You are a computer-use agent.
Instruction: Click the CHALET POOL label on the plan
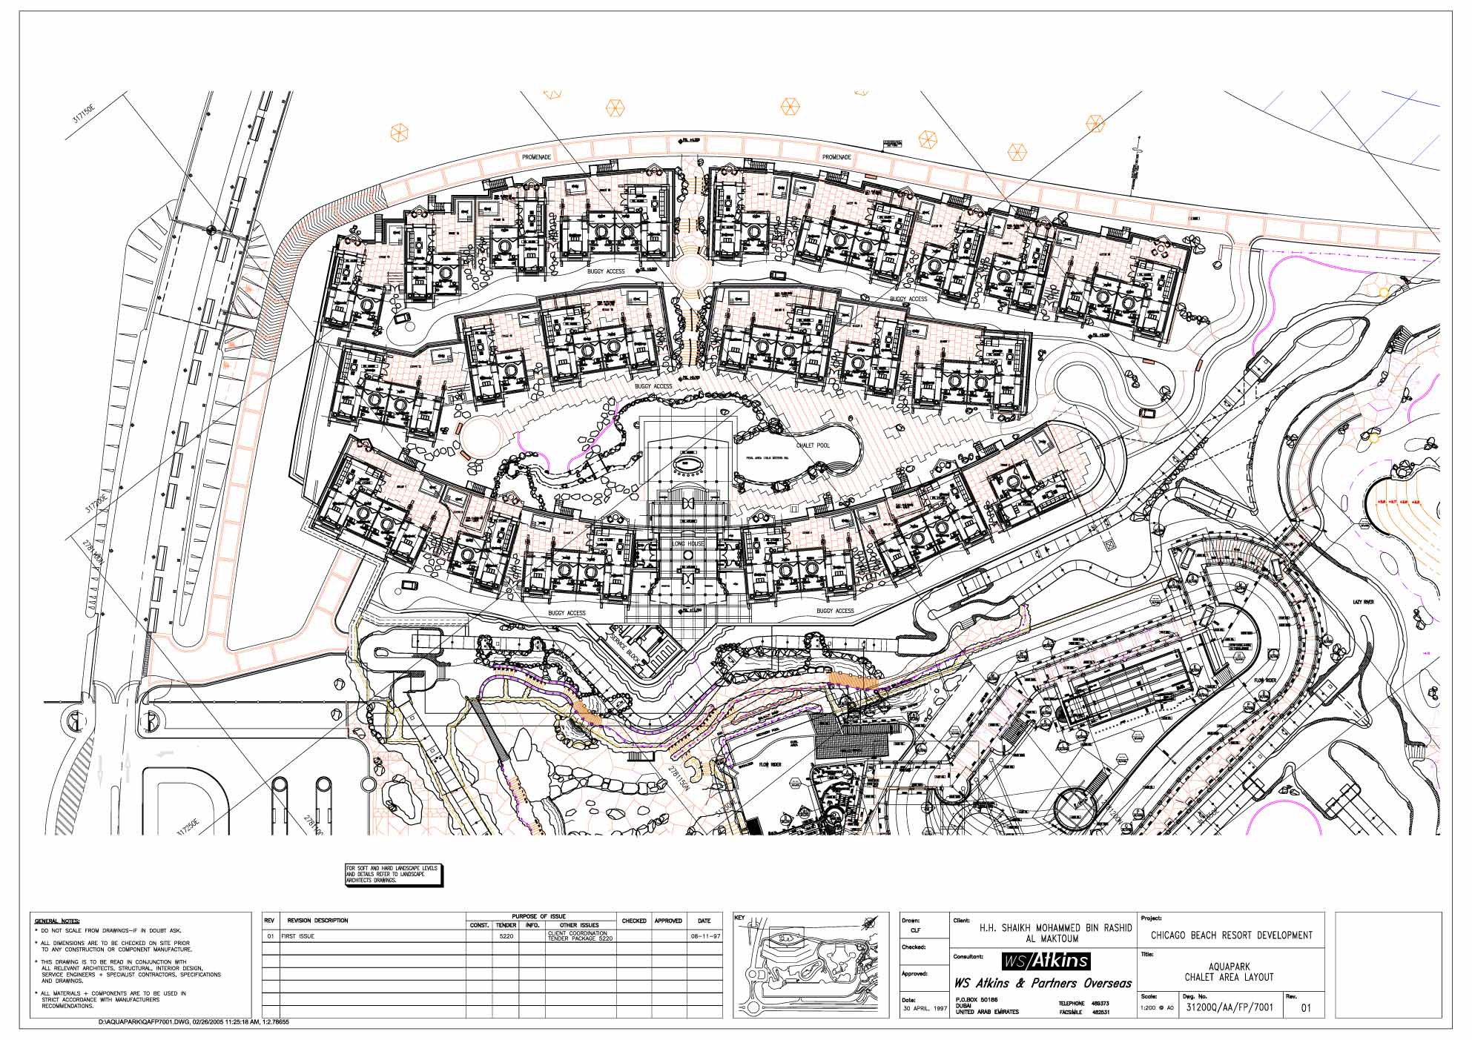pyautogui.click(x=813, y=446)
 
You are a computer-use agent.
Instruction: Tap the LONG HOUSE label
pyautogui.click(x=688, y=544)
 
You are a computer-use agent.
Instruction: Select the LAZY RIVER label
pyautogui.click(x=1363, y=602)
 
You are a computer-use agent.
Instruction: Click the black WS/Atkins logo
pyautogui.click(x=1046, y=961)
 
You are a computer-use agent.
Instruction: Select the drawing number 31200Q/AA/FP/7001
pyautogui.click(x=1230, y=1007)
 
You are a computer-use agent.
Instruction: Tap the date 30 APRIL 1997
pyautogui.click(x=924, y=1009)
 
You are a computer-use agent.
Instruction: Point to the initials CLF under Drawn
pyautogui.click(x=915, y=930)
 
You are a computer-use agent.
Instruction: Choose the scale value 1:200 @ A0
pyautogui.click(x=1157, y=1008)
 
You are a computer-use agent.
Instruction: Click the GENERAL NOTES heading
pyautogui.click(x=57, y=921)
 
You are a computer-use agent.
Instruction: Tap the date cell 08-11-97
pyautogui.click(x=704, y=936)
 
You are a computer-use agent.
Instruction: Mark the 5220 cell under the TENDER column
pyautogui.click(x=506, y=936)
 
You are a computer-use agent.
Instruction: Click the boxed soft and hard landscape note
pyautogui.click(x=392, y=875)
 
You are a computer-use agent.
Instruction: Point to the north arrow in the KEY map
pyautogui.click(x=865, y=924)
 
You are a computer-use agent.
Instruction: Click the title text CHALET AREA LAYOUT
pyautogui.click(x=1229, y=977)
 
